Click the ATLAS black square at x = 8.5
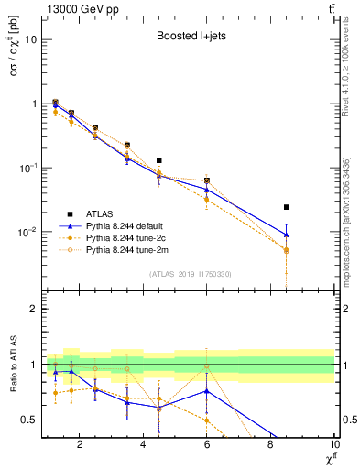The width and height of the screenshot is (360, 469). (x=287, y=207)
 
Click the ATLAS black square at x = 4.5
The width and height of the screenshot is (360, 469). (x=159, y=160)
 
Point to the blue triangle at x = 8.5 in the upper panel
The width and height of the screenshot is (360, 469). (x=287, y=234)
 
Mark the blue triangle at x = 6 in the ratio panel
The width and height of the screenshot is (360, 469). (x=207, y=391)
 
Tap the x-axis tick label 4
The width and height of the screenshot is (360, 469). (x=143, y=446)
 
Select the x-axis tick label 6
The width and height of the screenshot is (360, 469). (x=207, y=446)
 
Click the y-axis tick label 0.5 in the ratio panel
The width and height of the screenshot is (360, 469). (x=29, y=420)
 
